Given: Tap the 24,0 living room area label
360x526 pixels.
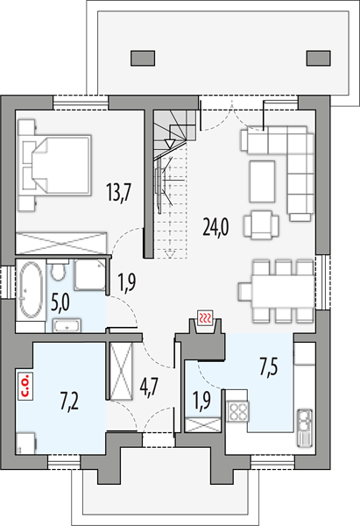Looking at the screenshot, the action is pyautogui.click(x=215, y=227).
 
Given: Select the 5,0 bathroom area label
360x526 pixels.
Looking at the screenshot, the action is pyautogui.click(x=60, y=302).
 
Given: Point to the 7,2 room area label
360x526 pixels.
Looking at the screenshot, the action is pyautogui.click(x=70, y=402).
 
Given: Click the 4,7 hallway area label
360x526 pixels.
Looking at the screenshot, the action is pyautogui.click(x=149, y=387).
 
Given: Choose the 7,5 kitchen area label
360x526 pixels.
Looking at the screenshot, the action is pyautogui.click(x=269, y=367).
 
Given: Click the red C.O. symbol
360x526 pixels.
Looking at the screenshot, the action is pyautogui.click(x=25, y=385).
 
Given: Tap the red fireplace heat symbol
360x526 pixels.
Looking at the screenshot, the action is pyautogui.click(x=205, y=317).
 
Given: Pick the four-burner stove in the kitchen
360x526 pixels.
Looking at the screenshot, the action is pyautogui.click(x=238, y=410).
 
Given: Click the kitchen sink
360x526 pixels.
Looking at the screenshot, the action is pyautogui.click(x=305, y=428).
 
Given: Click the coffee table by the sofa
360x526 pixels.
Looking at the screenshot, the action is pyautogui.click(x=262, y=181).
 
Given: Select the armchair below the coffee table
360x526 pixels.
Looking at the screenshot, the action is pyautogui.click(x=261, y=224).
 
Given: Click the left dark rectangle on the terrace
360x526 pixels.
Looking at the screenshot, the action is pyautogui.click(x=143, y=58).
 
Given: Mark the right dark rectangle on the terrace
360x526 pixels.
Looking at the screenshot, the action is pyautogui.click(x=319, y=58).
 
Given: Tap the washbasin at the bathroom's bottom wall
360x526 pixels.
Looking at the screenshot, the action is pyautogui.click(x=67, y=326).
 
